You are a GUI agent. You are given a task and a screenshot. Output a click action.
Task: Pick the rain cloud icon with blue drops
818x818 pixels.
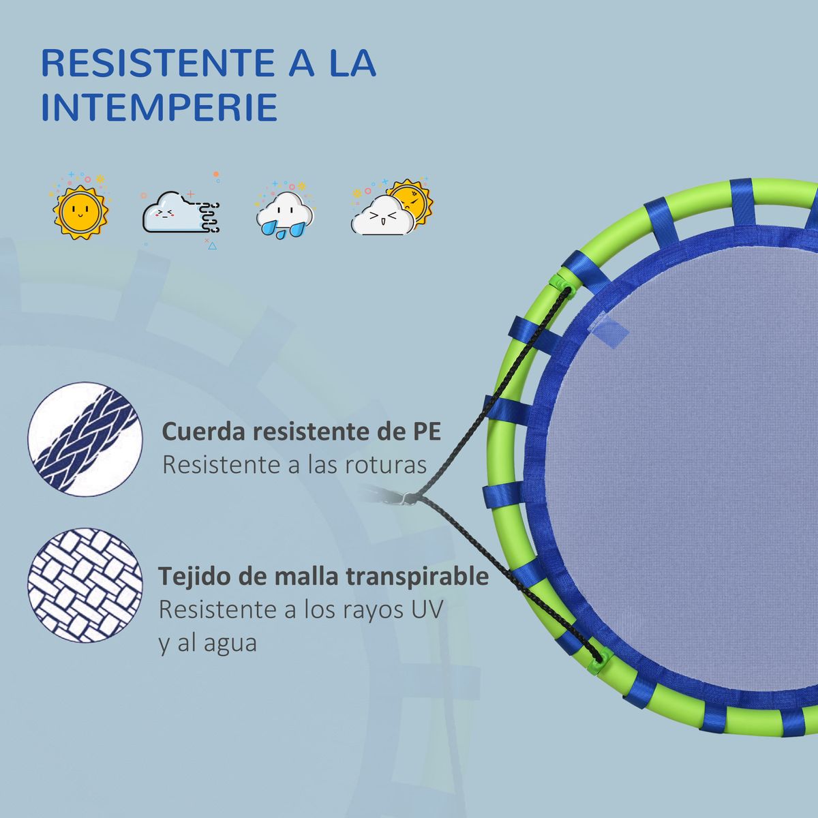coord(285,211)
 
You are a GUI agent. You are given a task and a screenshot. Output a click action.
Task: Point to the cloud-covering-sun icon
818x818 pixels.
coord(391,208)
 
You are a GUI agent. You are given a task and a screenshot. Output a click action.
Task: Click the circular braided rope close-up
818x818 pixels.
coord(85,440)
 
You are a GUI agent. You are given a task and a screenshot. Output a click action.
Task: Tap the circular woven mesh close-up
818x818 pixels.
coord(85,585)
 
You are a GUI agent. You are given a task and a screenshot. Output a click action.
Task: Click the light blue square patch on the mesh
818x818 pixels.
coord(610,330)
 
